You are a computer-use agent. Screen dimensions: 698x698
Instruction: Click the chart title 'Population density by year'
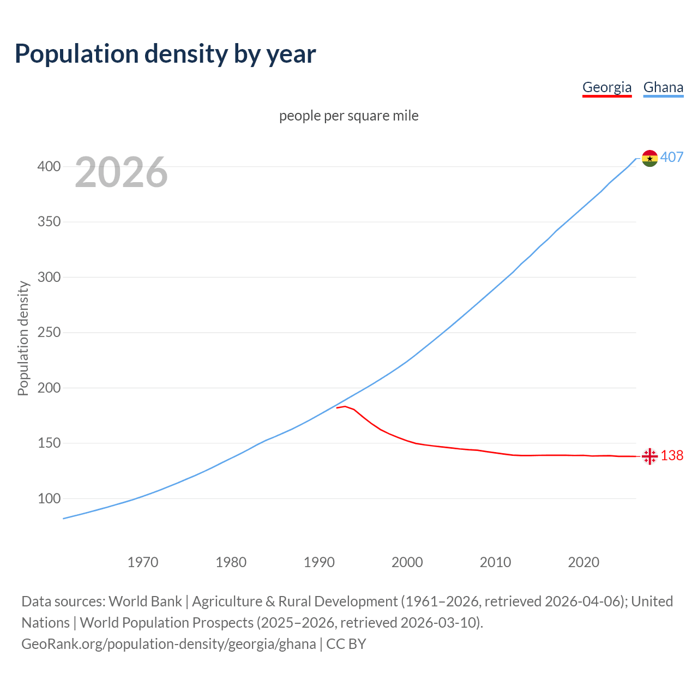pyautogui.click(x=165, y=53)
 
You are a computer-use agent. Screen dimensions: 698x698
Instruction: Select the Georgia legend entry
pyautogui.click(x=606, y=87)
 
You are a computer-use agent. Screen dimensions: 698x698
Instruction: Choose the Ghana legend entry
pyautogui.click(x=663, y=87)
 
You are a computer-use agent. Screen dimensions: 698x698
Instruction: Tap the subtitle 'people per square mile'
pyautogui.click(x=348, y=116)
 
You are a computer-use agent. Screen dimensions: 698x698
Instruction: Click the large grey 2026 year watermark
pyautogui.click(x=121, y=172)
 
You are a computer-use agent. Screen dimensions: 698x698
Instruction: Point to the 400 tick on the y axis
pyautogui.click(x=49, y=166)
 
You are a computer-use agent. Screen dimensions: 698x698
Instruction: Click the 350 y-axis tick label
pyautogui.click(x=49, y=222)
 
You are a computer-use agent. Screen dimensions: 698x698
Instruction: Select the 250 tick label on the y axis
pyautogui.click(x=49, y=333)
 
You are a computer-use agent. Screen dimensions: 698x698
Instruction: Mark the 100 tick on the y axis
pyautogui.click(x=49, y=498)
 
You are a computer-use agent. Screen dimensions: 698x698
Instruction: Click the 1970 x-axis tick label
pyautogui.click(x=143, y=562)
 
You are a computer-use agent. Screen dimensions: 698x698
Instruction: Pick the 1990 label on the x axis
pyautogui.click(x=319, y=562)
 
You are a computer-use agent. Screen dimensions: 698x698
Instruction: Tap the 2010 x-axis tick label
pyautogui.click(x=495, y=562)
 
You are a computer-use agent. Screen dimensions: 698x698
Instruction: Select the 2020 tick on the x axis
pyautogui.click(x=583, y=562)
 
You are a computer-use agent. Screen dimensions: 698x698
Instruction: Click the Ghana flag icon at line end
pyautogui.click(x=649, y=158)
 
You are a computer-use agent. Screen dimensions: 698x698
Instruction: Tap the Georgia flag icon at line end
pyautogui.click(x=649, y=456)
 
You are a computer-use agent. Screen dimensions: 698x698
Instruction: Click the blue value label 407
pyautogui.click(x=672, y=158)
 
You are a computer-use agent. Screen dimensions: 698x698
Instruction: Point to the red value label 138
pyautogui.click(x=672, y=455)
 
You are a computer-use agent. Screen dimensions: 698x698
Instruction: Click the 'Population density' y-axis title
pyautogui.click(x=23, y=338)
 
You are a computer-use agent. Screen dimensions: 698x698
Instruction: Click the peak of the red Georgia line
pyautogui.click(x=345, y=406)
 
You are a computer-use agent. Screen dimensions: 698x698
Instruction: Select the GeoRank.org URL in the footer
pyautogui.click(x=169, y=644)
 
